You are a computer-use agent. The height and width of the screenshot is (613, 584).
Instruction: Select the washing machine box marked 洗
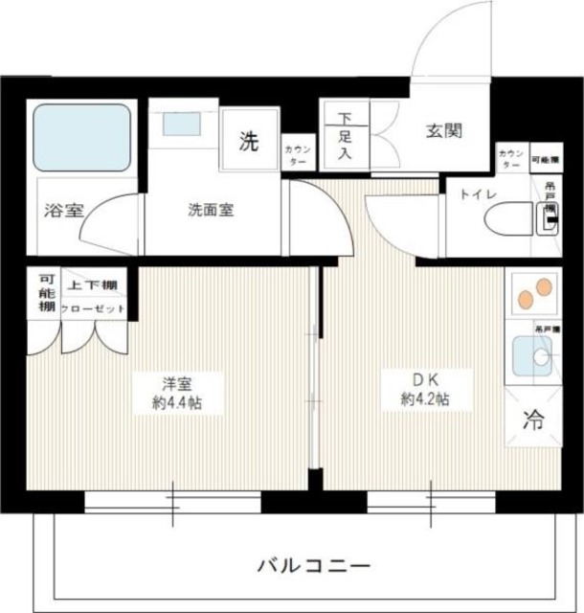coord(248,143)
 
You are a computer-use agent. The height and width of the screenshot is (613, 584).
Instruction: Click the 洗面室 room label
coord(211,209)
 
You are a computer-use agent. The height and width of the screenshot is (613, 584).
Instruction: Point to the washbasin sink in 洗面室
coord(176,125)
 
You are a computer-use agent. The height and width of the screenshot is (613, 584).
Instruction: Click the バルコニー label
coord(312,565)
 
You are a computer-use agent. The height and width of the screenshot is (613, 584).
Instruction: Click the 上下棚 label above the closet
coord(92,284)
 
